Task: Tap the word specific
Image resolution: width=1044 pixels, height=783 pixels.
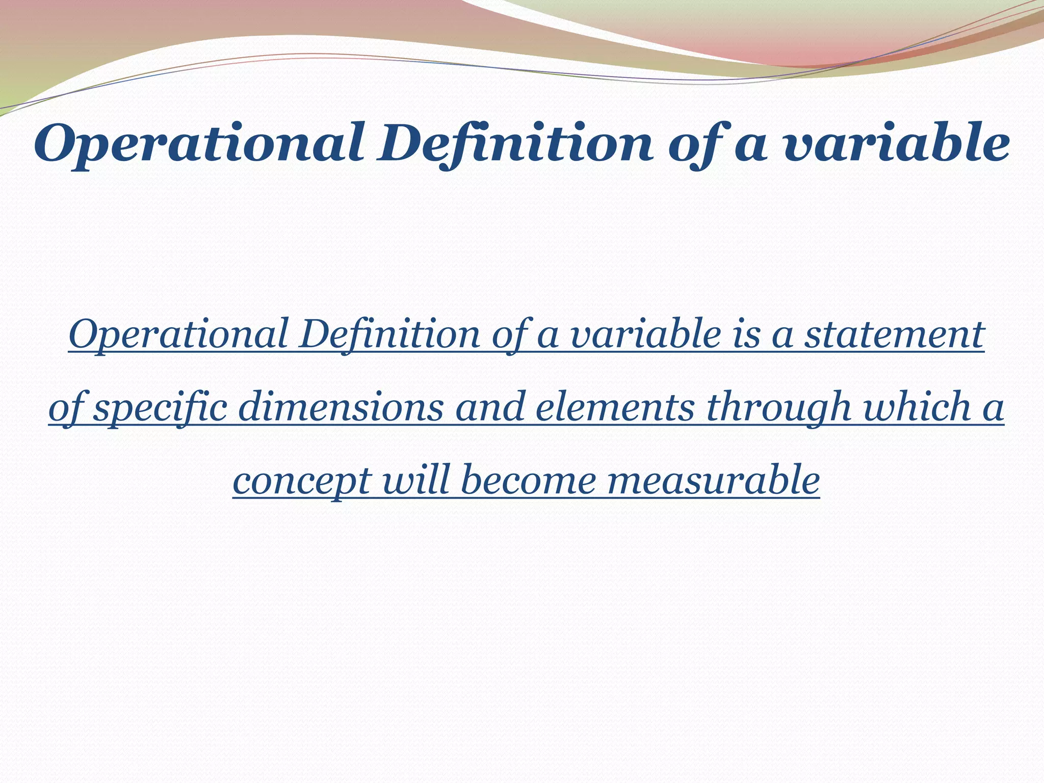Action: coord(161,408)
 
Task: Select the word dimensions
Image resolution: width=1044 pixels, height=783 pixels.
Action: coord(341,408)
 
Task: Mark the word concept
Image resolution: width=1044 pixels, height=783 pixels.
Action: coord(301,481)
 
